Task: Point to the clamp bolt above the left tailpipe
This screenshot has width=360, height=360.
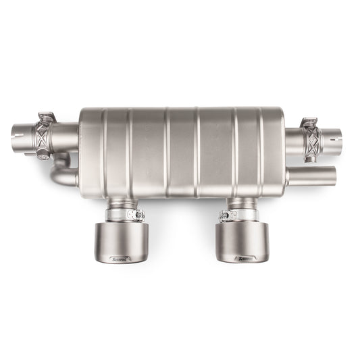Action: pos(139,215)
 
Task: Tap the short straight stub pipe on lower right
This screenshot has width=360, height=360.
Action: pos(311,176)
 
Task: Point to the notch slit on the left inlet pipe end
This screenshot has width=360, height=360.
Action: pos(24,133)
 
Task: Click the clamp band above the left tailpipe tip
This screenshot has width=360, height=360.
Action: pos(122,215)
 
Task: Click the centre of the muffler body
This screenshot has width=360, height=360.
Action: pos(181,151)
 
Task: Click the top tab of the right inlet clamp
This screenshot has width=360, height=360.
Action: pos(309,122)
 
